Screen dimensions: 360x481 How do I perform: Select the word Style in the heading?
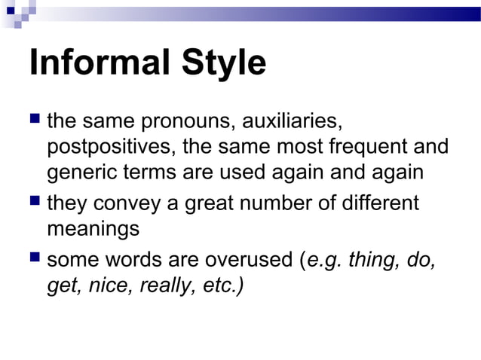(223, 64)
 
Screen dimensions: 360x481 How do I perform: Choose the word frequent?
(354, 146)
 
